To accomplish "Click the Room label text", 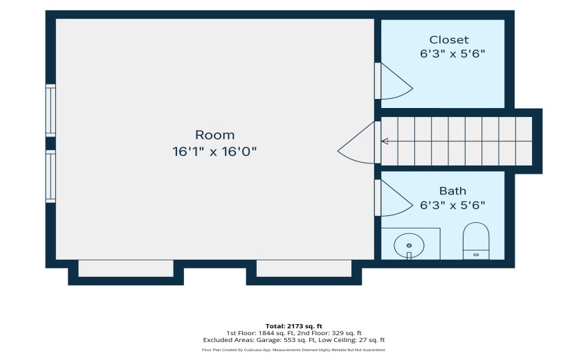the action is (214, 135).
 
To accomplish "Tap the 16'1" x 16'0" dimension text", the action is (214, 152).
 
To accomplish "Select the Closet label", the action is (449, 39).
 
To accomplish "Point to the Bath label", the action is (452, 191).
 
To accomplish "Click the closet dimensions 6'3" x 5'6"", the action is (452, 54).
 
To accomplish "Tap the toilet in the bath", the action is (476, 241).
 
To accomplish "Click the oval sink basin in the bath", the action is (409, 246).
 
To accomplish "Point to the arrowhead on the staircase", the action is (385, 141).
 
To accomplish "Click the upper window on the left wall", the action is (50, 110).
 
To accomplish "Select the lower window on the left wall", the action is (50, 177).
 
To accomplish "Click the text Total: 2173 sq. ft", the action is (294, 326).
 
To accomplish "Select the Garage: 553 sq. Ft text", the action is (286, 340).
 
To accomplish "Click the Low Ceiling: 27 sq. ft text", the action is (351, 340).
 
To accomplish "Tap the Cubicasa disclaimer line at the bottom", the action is (294, 350).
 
